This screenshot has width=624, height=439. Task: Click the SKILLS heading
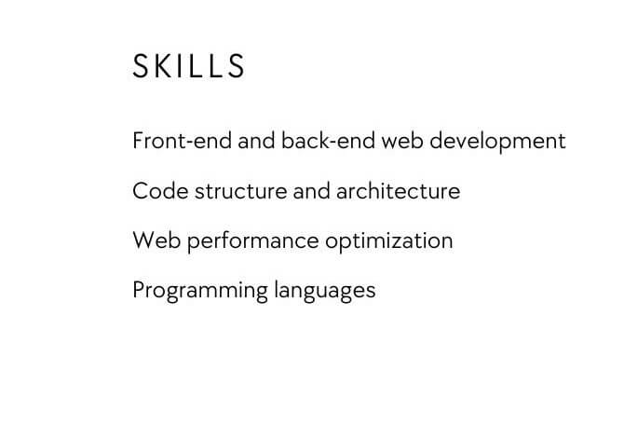(x=189, y=67)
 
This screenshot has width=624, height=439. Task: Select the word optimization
(x=389, y=241)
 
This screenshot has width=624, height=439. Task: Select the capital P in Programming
(x=139, y=290)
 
